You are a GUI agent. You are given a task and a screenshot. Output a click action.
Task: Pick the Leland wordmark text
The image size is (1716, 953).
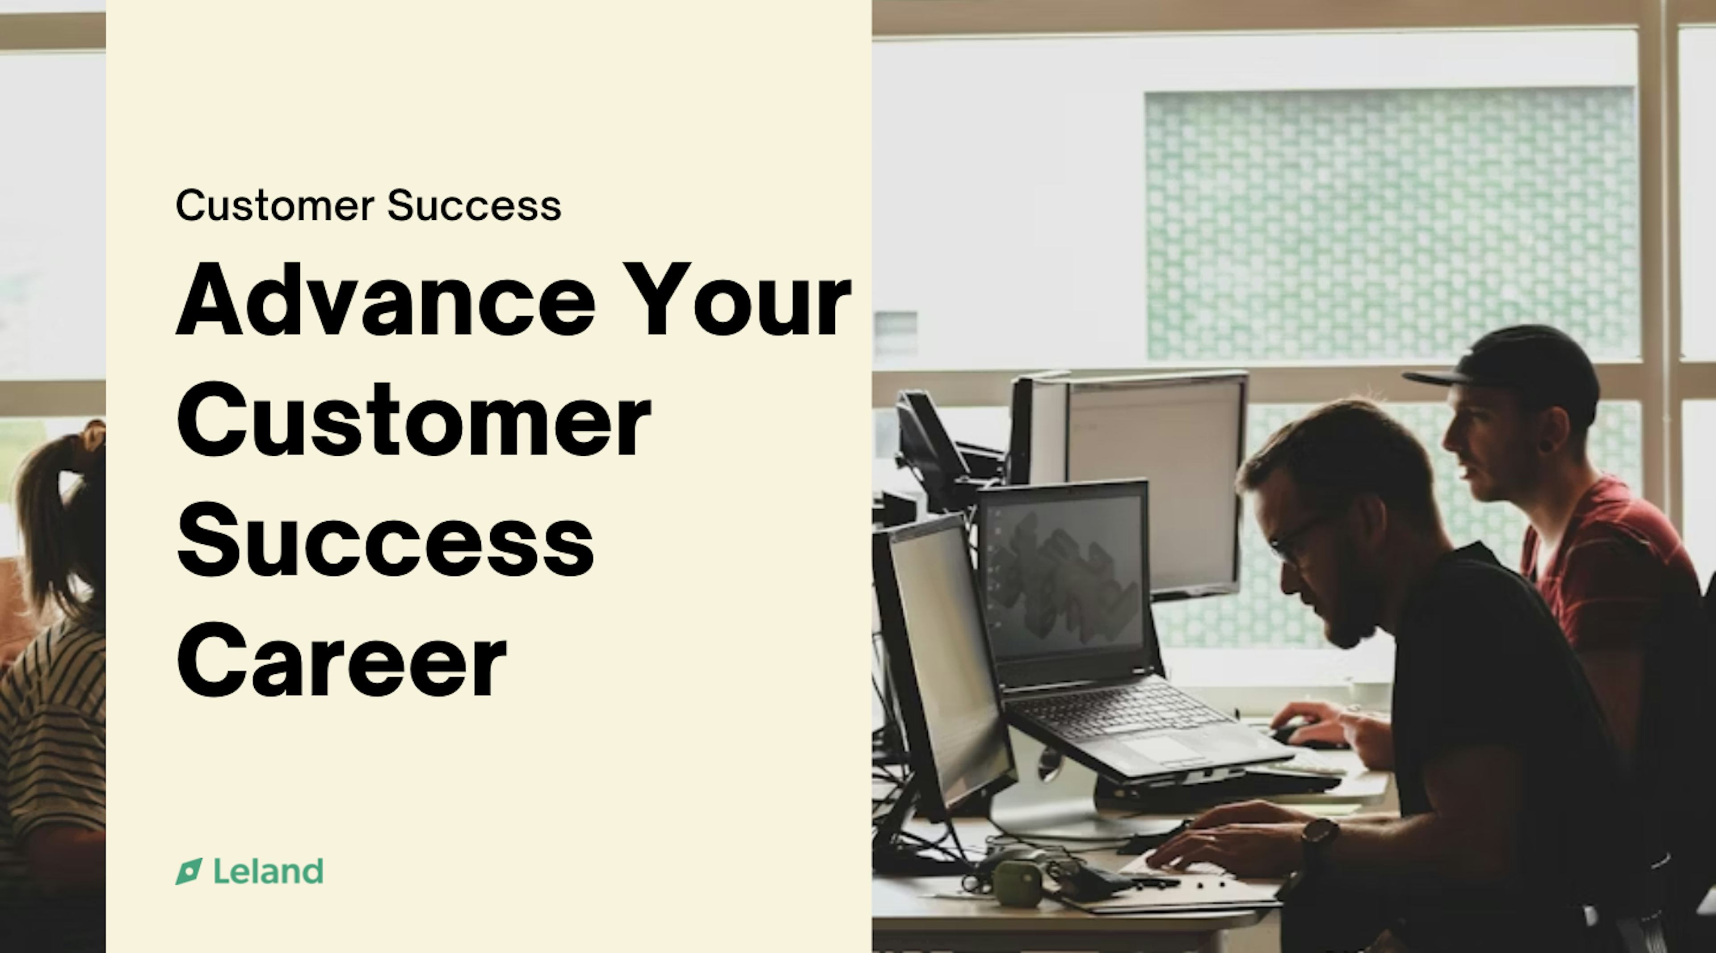[269, 871]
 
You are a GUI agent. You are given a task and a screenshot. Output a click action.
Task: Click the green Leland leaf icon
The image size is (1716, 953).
[189, 872]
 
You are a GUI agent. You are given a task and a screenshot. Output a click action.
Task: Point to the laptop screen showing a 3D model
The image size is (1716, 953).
[1064, 576]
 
